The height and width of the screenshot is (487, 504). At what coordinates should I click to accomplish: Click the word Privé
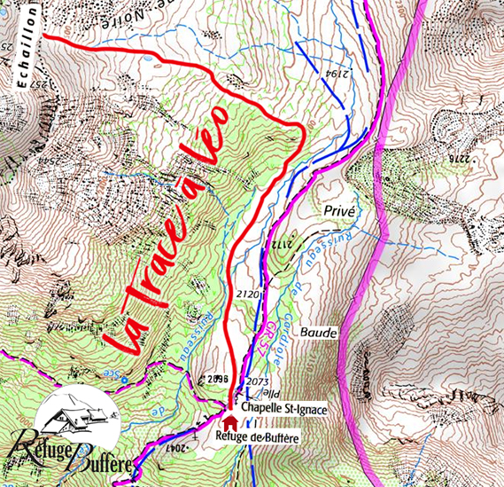coord(340,211)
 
